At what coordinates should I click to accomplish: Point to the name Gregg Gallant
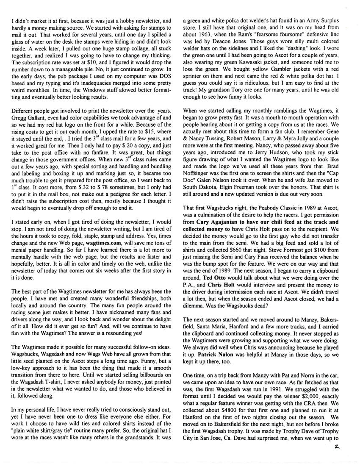tap(28, 126)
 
